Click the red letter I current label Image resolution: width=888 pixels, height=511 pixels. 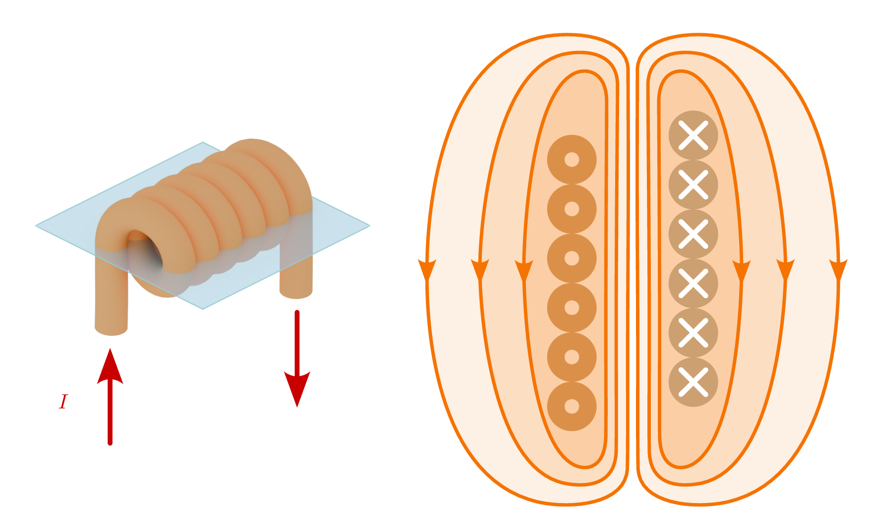point(63,401)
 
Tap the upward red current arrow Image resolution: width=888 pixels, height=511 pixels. point(110,397)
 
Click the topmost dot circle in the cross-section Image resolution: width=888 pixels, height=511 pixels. point(571,160)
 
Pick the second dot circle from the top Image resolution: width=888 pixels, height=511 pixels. point(571,209)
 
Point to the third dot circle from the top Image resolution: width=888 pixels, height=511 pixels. point(571,258)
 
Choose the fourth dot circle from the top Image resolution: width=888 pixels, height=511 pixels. point(571,307)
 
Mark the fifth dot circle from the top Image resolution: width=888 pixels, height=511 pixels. point(571,357)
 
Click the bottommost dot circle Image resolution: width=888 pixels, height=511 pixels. point(571,406)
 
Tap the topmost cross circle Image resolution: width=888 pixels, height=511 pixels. point(693,135)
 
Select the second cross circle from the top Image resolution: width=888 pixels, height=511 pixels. point(693,184)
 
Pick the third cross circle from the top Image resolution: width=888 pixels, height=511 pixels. point(693,234)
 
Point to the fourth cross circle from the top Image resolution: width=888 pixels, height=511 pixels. point(693,283)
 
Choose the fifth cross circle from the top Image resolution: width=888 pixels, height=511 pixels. point(693,333)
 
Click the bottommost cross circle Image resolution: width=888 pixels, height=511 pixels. point(693,382)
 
